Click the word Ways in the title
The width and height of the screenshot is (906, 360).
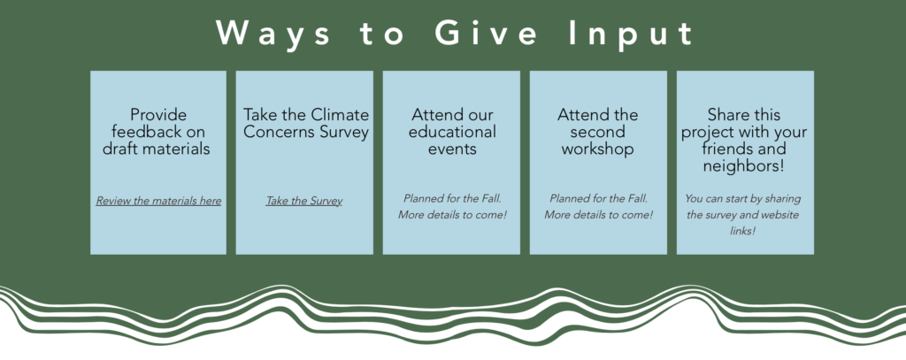pyautogui.click(x=273, y=34)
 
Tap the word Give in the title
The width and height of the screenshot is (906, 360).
pyautogui.click(x=486, y=33)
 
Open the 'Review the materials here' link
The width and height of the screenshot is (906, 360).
pyautogui.click(x=158, y=201)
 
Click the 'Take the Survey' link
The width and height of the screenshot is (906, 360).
pyautogui.click(x=304, y=201)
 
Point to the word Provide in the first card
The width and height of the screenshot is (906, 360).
pyautogui.click(x=158, y=114)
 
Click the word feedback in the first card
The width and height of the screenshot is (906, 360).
pyautogui.click(x=144, y=131)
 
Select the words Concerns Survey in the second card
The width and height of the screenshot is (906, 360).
pyautogui.click(x=305, y=132)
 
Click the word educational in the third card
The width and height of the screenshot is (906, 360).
pyautogui.click(x=452, y=131)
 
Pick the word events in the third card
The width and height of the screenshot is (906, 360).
pyautogui.click(x=452, y=149)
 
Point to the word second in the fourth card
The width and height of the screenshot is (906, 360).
pyautogui.click(x=598, y=131)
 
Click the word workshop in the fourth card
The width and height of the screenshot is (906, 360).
pyautogui.click(x=598, y=149)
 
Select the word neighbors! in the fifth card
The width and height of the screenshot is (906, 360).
pyautogui.click(x=744, y=166)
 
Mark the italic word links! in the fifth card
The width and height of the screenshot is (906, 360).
pyautogui.click(x=743, y=231)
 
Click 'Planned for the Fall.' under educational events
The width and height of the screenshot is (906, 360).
pyautogui.click(x=452, y=198)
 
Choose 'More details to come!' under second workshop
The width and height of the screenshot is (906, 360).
pyautogui.click(x=599, y=215)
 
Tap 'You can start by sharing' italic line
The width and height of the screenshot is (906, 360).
pyautogui.click(x=743, y=199)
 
